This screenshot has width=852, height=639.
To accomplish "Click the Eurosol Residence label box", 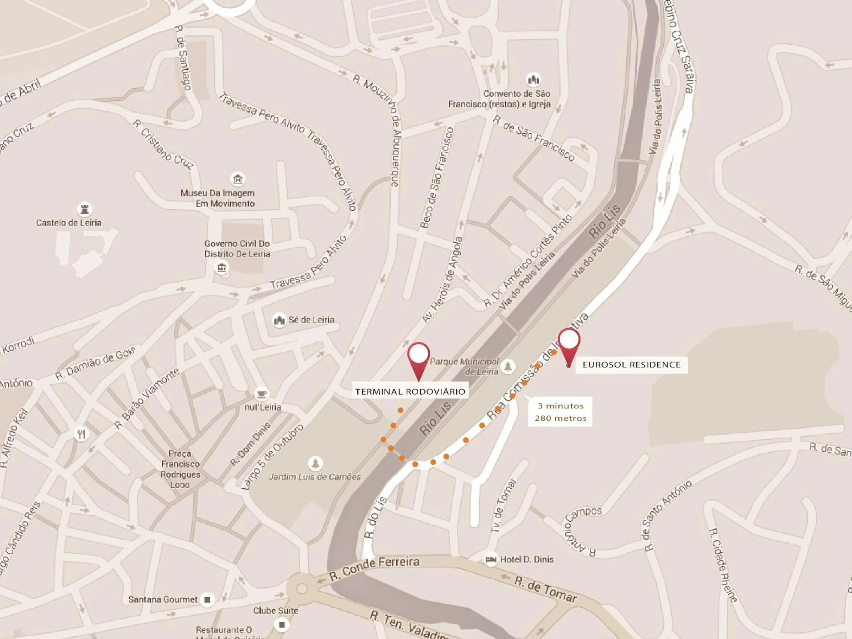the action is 631,364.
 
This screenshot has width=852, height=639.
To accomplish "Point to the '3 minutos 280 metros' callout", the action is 561,411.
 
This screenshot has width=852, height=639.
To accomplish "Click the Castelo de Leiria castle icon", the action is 84,209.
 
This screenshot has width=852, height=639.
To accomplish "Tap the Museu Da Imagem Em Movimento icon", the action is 238,179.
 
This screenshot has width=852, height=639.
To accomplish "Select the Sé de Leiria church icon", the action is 279,320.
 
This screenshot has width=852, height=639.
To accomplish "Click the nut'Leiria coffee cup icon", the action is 262,394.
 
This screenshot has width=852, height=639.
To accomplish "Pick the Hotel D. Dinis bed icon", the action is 491,559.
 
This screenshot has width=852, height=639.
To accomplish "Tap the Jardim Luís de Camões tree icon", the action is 316,463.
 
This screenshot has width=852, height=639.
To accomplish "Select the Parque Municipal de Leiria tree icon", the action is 508,366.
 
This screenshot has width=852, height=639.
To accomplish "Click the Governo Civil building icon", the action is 221,267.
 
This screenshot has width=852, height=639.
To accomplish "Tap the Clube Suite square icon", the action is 282,624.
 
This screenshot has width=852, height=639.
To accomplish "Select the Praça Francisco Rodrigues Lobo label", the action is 180,469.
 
